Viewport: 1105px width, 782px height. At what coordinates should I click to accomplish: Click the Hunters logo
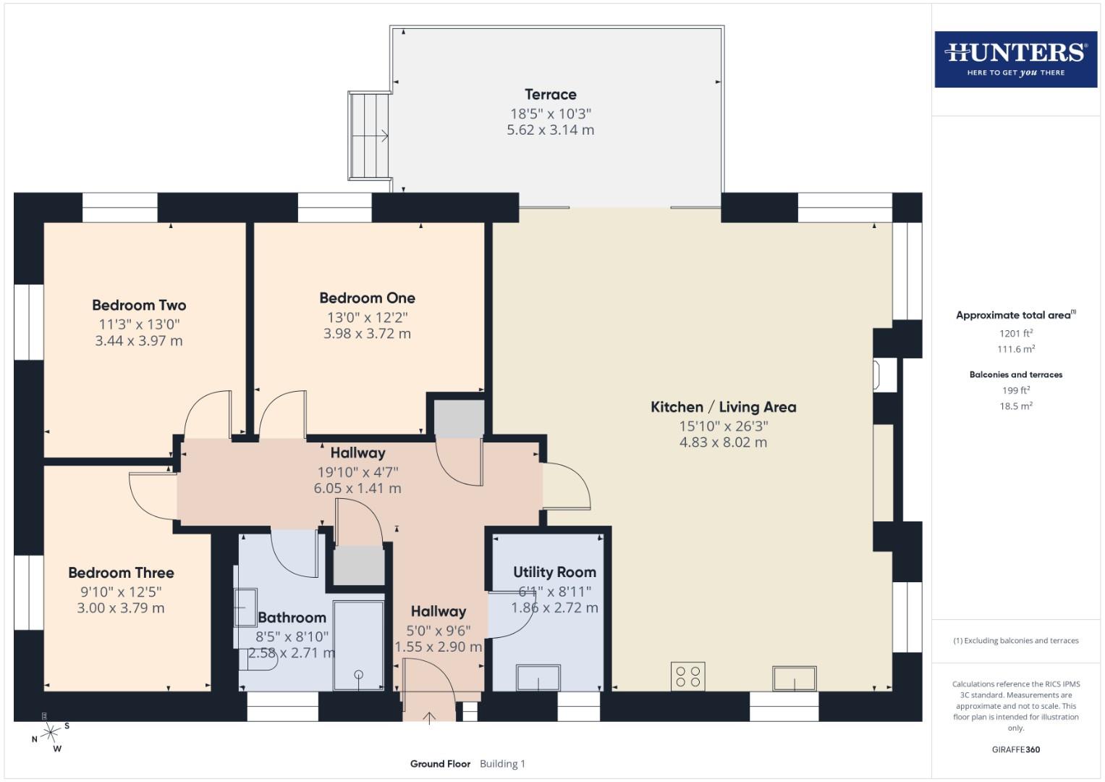[1015, 59]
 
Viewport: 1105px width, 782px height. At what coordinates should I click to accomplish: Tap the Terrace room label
[550, 94]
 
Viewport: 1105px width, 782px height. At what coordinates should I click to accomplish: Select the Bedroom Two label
[139, 305]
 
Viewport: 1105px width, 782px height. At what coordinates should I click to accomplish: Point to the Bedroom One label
[367, 298]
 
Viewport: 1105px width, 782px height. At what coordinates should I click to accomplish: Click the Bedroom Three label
[121, 573]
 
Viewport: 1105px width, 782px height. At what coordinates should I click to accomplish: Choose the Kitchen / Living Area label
[723, 407]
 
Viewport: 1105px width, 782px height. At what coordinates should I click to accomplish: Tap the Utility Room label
[554, 572]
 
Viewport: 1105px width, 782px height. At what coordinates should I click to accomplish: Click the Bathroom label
[292, 618]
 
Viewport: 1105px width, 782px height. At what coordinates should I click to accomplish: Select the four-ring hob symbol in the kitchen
[687, 676]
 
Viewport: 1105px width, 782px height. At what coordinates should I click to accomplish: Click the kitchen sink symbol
[794, 678]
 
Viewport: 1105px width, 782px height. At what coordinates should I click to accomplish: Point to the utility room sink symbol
[538, 678]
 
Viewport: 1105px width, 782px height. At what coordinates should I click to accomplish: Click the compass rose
[50, 733]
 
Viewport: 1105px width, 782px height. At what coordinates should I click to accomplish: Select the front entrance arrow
[430, 717]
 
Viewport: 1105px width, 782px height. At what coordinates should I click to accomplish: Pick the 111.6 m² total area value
[1015, 349]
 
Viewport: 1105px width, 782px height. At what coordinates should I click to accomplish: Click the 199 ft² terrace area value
[1015, 390]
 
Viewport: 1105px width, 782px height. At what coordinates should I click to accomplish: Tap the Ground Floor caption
[440, 763]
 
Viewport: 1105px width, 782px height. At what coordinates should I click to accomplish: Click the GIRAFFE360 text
[1015, 749]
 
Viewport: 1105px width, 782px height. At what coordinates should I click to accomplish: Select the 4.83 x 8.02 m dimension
[723, 442]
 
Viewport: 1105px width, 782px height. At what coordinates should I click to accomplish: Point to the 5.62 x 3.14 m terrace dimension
[550, 130]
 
